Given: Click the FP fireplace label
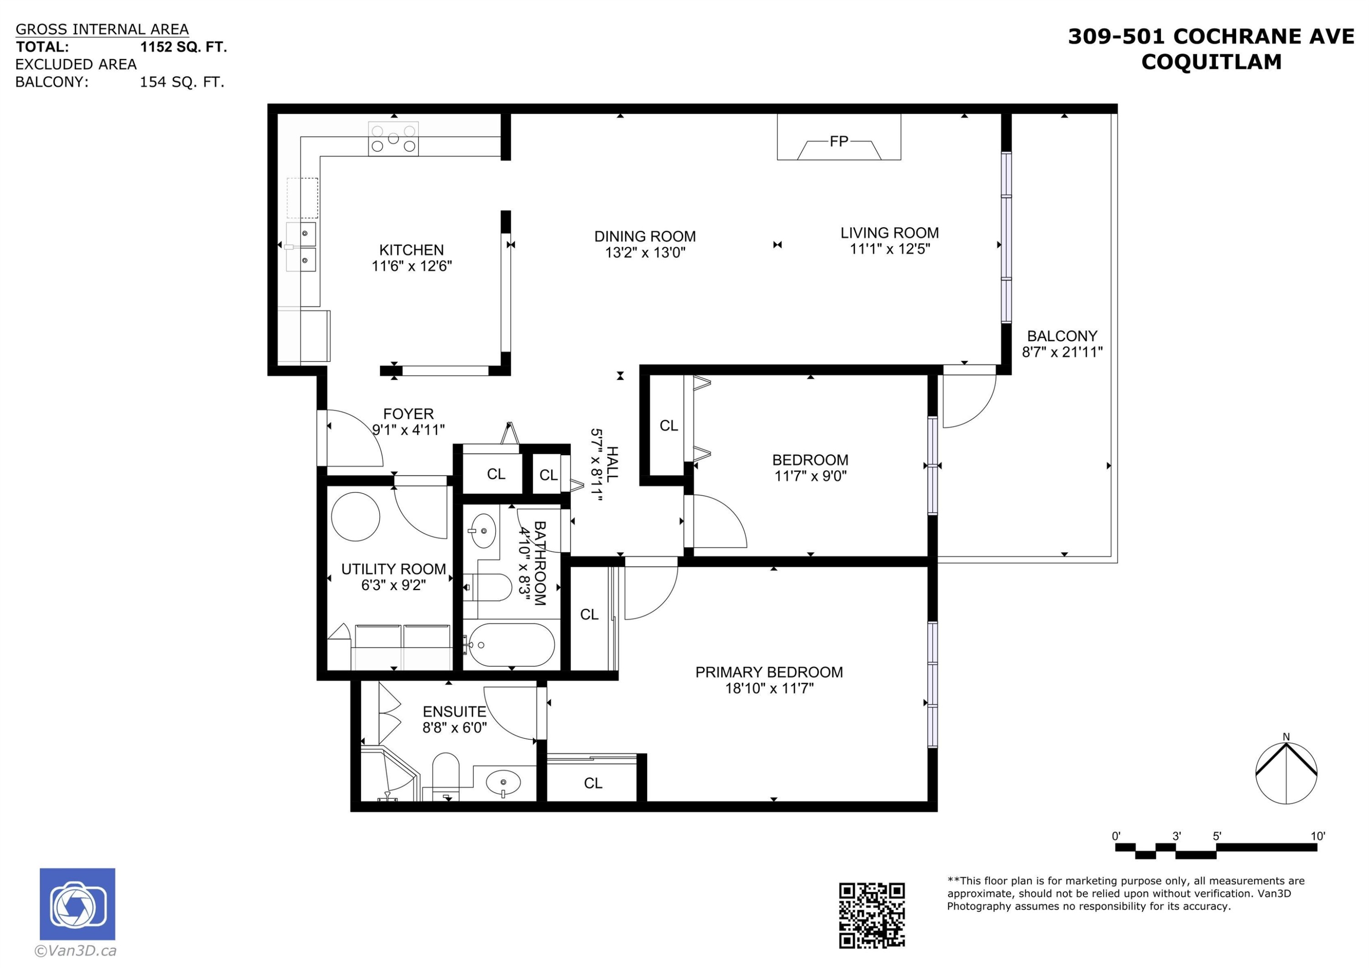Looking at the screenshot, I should click(x=838, y=141).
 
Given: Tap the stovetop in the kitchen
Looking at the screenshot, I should click(x=393, y=139).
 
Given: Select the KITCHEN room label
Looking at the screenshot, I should click(x=412, y=250).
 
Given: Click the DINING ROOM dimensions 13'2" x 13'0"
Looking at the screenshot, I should click(x=645, y=253).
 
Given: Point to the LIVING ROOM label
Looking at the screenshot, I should click(x=889, y=233).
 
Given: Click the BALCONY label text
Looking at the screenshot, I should click(x=1062, y=336).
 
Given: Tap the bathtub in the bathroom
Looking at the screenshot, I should click(x=510, y=645).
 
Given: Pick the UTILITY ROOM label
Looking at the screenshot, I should click(x=393, y=569).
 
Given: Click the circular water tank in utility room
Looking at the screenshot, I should click(x=355, y=517).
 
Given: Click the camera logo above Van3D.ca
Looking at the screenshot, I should click(x=78, y=904).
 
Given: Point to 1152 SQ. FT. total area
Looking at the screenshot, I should click(x=183, y=47).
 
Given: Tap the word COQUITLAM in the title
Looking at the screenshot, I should click(x=1211, y=62).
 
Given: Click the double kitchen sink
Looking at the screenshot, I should click(x=301, y=246).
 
